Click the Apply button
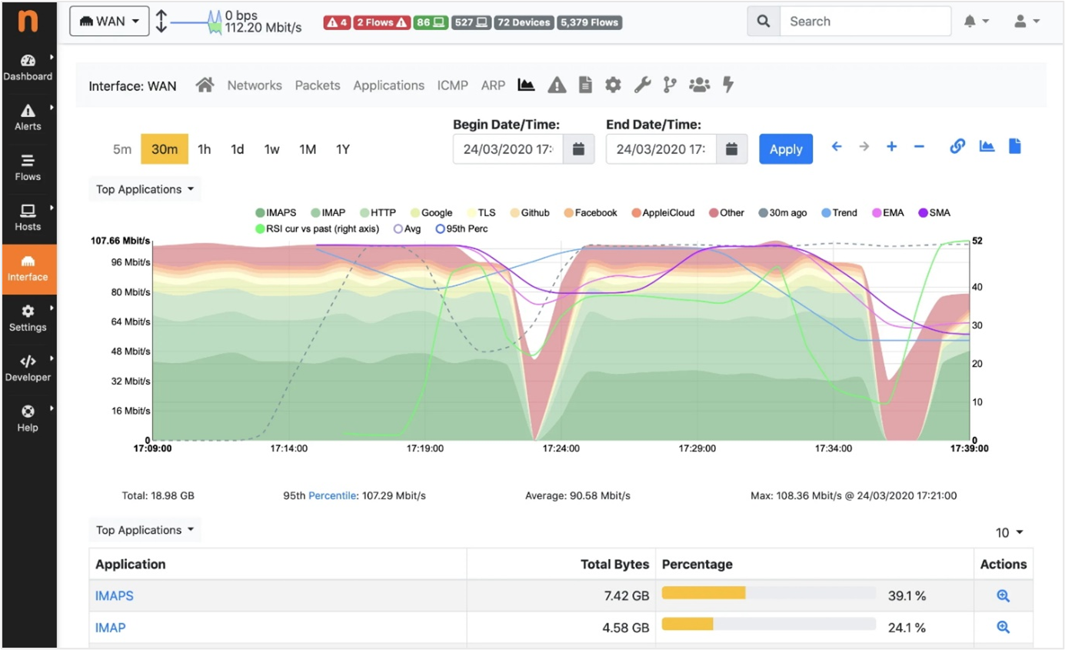[785, 149]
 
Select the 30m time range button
[165, 149]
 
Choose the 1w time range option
[271, 149]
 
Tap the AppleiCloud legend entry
[662, 213]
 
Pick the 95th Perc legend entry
[466, 228]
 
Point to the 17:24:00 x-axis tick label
[561, 448]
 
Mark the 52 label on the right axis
[977, 241]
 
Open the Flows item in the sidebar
[28, 167]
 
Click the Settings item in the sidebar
[28, 318]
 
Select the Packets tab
[318, 85]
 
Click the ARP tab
[493, 85]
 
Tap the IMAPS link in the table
[114, 595]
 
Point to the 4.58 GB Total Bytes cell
[626, 628]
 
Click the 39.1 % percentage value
[907, 595]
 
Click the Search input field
[864, 22]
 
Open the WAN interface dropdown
[108, 22]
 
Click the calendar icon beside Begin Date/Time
[578, 149]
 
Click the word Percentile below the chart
[332, 496]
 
